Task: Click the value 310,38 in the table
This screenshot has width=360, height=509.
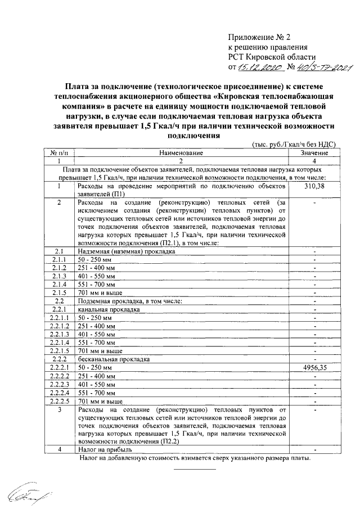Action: (314, 187)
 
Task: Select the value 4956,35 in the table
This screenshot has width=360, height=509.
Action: (314, 367)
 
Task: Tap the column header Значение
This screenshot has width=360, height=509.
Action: (314, 152)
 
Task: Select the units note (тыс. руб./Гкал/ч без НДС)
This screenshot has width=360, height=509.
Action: (294, 144)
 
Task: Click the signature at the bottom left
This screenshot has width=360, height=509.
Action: (25, 493)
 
